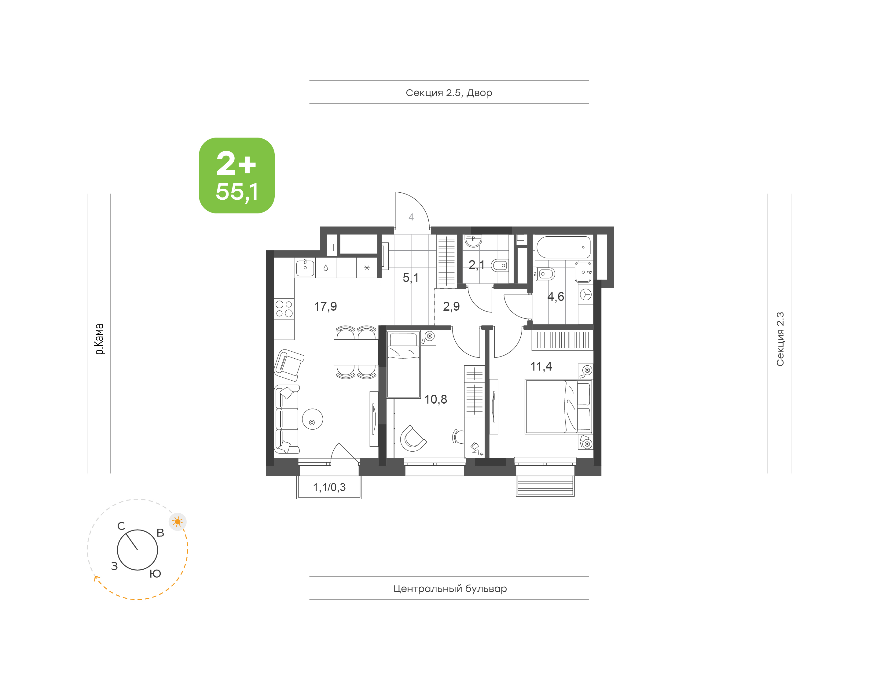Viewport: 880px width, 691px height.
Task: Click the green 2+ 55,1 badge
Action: (x=237, y=175)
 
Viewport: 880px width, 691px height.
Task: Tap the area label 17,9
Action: (x=325, y=307)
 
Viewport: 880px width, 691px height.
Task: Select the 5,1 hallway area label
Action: (x=411, y=278)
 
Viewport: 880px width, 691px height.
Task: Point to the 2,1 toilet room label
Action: (x=477, y=265)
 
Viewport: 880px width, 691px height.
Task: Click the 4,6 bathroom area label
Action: (x=556, y=297)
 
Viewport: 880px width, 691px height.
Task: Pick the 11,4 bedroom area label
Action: (x=541, y=367)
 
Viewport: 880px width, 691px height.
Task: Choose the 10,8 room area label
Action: (x=436, y=400)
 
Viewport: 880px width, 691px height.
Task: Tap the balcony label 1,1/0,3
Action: (x=329, y=487)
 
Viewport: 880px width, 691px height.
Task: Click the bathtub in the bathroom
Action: (x=563, y=247)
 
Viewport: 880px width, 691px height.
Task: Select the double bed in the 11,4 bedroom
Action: (x=558, y=406)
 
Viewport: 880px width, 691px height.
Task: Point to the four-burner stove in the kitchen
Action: (x=284, y=309)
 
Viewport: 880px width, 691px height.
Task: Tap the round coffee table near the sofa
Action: (x=313, y=419)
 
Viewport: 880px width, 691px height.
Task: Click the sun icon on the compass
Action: (x=178, y=522)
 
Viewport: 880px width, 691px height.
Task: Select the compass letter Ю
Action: (x=155, y=574)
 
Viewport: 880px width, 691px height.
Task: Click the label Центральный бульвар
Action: (x=450, y=589)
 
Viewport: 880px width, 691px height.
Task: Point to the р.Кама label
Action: (x=99, y=339)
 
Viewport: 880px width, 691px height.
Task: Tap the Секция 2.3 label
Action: (x=780, y=339)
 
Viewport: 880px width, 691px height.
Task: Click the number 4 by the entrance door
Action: (x=411, y=217)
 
